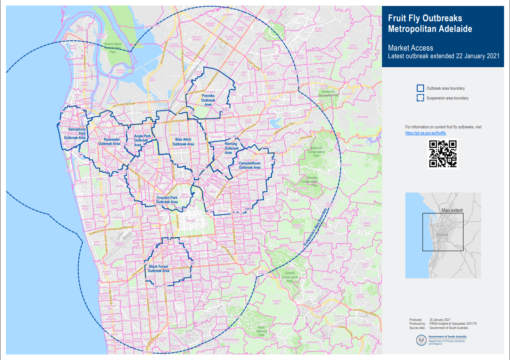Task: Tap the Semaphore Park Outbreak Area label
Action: [x=75, y=133]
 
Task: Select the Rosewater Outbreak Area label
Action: [x=109, y=142]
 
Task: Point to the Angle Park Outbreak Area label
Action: [x=142, y=140]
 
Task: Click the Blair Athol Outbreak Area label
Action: [x=183, y=142]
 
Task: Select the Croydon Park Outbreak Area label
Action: [x=167, y=200]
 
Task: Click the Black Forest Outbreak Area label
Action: [x=159, y=269]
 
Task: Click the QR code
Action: [x=442, y=154]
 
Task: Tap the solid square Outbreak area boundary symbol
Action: [x=420, y=88]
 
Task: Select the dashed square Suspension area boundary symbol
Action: [x=420, y=98]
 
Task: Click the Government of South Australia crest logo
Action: [x=422, y=340]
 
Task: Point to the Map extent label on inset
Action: [x=452, y=210]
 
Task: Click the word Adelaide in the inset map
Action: [x=442, y=235]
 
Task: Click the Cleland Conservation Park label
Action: [x=290, y=277]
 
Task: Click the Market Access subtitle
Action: [x=410, y=48]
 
